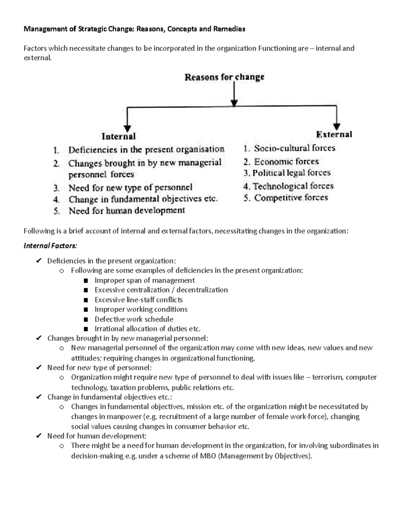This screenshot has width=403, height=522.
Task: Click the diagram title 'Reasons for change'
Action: coord(224,77)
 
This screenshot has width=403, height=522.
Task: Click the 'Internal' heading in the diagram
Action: coord(119,136)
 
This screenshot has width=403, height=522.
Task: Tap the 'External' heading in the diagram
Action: coord(334,134)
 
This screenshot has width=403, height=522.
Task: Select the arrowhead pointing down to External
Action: coord(337,125)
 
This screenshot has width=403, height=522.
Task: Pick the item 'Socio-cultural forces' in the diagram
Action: coord(295,148)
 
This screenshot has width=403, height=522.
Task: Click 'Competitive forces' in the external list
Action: coord(291,198)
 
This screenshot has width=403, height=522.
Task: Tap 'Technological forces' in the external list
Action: coord(293,186)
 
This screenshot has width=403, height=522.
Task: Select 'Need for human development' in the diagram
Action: coord(127,211)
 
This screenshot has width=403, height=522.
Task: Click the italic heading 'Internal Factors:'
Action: coord(50,246)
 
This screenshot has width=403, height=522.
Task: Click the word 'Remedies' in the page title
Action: coord(231,29)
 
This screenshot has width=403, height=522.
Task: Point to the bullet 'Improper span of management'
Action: coord(144,280)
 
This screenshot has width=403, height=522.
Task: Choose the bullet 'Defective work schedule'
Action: coord(134,319)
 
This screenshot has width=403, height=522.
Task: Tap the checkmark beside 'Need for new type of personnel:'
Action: coord(39,368)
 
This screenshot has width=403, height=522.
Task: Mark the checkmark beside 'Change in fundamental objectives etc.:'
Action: coord(39,397)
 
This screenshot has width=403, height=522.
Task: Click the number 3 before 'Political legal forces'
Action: coord(246,173)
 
